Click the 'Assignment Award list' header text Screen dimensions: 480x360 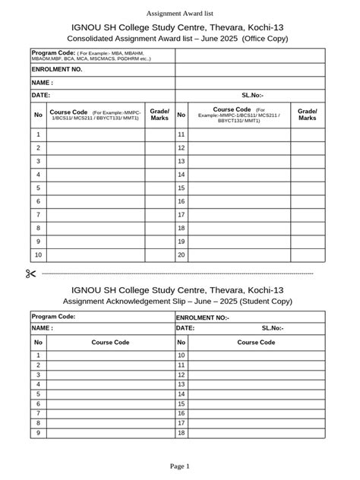coord(179,14)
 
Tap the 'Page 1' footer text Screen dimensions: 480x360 coord(179,466)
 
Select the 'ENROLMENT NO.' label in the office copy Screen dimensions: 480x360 coord(57,68)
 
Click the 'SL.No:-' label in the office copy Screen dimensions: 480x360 coord(253,96)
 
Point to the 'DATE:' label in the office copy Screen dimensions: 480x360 coord(40,96)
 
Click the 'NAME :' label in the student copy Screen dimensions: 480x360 coord(42,328)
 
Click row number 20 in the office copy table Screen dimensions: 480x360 coord(182,255)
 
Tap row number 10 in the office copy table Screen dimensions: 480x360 coord(38,255)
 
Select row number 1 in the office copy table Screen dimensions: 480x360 coord(38,134)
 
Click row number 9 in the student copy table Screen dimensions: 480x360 coord(38,433)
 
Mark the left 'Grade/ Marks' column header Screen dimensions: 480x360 coord(159,115)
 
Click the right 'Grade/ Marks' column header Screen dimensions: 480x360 coord(308,115)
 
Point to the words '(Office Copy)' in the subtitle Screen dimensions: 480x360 coord(265,38)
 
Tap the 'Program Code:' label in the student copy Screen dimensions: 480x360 coord(53,317)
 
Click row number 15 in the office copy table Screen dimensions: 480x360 coord(182,188)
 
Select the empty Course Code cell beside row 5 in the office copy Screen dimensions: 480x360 coord(96,188)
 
